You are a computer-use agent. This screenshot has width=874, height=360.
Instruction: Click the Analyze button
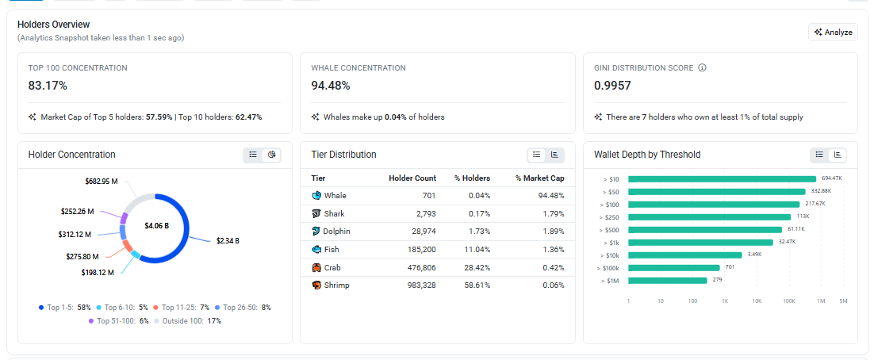coord(833,33)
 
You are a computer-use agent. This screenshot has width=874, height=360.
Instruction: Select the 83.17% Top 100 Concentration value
coord(48,86)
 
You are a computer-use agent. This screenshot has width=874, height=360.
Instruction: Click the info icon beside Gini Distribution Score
coord(703,68)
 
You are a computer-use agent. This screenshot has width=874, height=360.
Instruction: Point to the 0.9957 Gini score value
coord(612,86)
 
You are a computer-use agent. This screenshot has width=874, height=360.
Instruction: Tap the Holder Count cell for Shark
coord(425,213)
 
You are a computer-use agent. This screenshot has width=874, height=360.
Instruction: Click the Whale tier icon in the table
coord(316,196)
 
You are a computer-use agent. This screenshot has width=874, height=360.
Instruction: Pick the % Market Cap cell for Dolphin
coord(552,232)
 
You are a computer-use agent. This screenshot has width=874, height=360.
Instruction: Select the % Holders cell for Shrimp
coord(477,285)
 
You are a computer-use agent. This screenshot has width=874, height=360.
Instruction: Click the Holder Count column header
coord(412,178)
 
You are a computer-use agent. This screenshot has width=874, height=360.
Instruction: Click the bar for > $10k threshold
coord(685,255)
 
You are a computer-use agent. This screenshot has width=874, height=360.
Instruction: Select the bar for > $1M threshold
coord(667,281)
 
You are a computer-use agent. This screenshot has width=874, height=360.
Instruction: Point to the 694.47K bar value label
coord(832,178)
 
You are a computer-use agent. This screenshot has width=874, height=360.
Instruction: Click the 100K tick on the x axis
coord(788,301)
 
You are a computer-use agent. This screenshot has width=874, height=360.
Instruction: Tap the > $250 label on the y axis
coord(613,216)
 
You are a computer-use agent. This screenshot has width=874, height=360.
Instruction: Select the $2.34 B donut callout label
coord(228,241)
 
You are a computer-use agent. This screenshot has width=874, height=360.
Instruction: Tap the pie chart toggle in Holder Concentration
coord(271,155)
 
